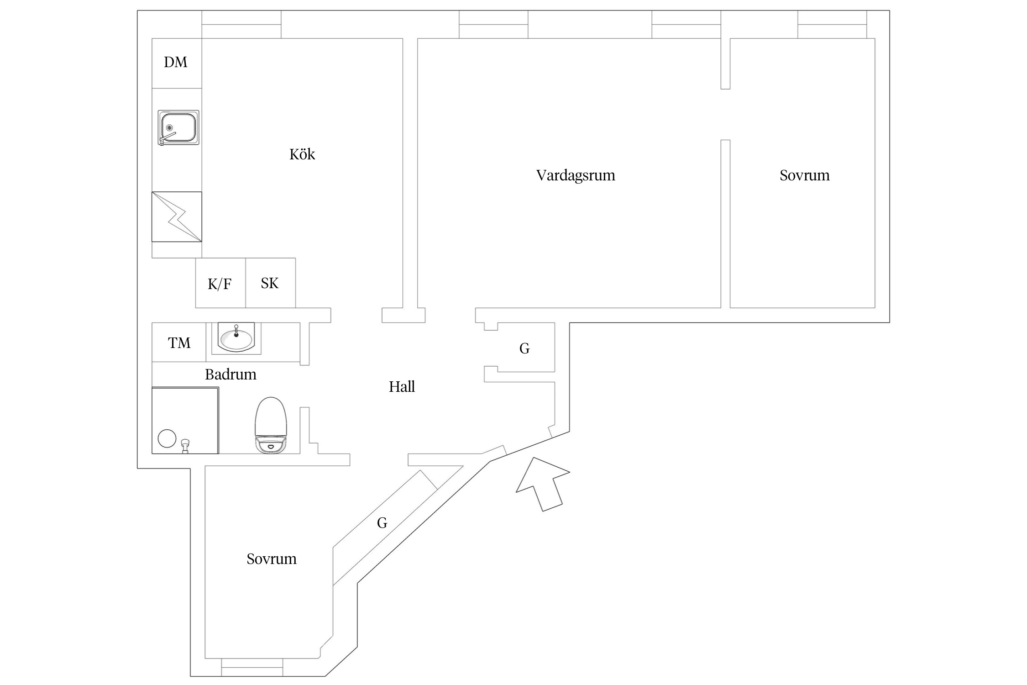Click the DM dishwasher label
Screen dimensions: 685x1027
tap(176, 62)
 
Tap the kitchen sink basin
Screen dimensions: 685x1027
tap(178, 127)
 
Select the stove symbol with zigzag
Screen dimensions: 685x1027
tap(177, 216)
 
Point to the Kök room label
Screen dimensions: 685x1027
tap(302, 154)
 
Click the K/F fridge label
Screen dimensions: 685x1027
tap(220, 284)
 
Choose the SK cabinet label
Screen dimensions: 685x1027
tap(270, 283)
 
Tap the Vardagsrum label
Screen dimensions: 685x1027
tap(576, 175)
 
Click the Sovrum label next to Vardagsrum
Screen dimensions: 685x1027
tap(804, 175)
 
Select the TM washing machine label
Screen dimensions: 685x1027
tap(179, 342)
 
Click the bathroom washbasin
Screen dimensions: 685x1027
tap(236, 338)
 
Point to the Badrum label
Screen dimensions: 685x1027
tap(231, 374)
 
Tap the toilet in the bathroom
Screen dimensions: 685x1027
tap(271, 425)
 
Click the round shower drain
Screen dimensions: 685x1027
tap(167, 438)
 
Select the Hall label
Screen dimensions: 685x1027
tap(402, 387)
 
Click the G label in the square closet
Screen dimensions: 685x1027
tap(524, 348)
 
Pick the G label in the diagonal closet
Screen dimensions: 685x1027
tap(382, 522)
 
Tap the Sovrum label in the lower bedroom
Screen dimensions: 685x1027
tap(272, 559)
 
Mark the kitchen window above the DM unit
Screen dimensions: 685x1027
tap(241, 24)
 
